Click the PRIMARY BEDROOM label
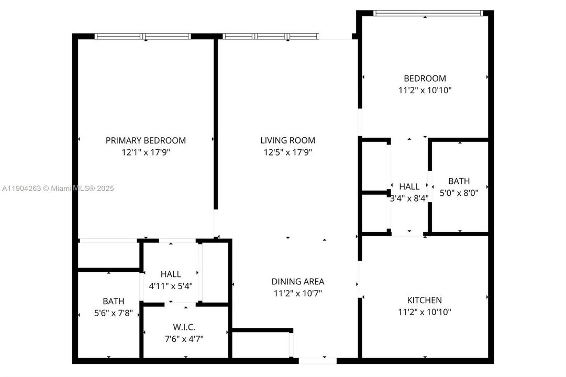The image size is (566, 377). coord(146,140)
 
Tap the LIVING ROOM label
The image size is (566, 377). coord(287,140)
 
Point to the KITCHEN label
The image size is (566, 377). coord(424,300)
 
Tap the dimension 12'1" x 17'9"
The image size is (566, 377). coord(146,152)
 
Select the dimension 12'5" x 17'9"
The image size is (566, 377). coord(287,152)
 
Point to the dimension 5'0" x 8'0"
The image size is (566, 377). coord(459,192)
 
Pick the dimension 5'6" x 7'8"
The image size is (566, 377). coord(114,313)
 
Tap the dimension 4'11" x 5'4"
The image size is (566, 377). coord(171,285)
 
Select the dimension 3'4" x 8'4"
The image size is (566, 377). coord(409,198)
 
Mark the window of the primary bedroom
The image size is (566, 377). coord(142,37)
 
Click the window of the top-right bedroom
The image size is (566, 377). coord(427,13)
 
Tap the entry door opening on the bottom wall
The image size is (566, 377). coord(317,360)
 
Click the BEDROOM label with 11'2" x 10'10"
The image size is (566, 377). coord(425,79)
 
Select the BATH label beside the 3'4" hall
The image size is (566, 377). coord(459,181)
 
